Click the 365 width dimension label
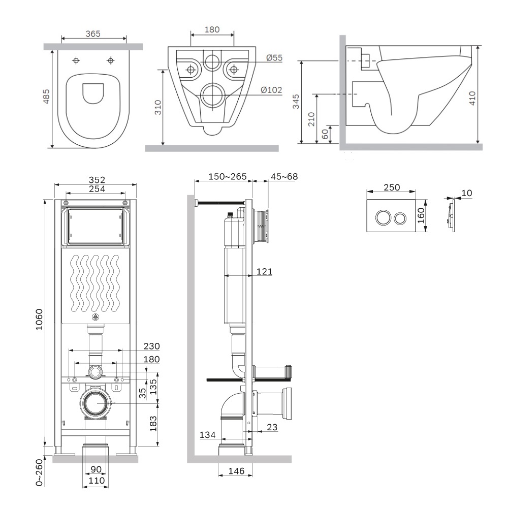coord(93,34)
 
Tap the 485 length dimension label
coord(46,97)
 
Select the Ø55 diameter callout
coord(274,58)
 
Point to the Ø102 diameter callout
coord(271,90)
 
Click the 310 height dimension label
coord(158,107)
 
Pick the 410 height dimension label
coord(472,98)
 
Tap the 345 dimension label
coord(296,102)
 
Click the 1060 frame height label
coord(39,320)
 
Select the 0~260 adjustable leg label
coord(39,472)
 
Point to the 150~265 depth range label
coord(228,177)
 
